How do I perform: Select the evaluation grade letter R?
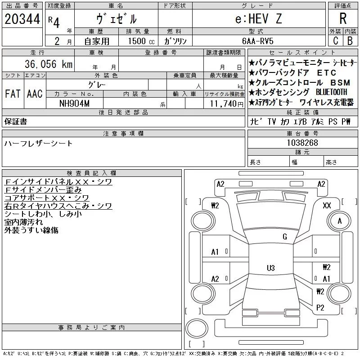pyautogui.click(x=343, y=19)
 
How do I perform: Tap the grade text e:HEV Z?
pyautogui.click(x=258, y=19)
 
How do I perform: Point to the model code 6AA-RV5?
pyautogui.click(x=258, y=41)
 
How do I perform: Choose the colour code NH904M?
pyautogui.click(x=75, y=103)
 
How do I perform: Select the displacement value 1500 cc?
pyautogui.click(x=141, y=41)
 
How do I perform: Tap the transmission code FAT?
pyautogui.click(x=13, y=94)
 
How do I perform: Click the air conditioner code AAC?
pyautogui.click(x=35, y=94)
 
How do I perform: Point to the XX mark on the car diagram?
pyautogui.click(x=327, y=205)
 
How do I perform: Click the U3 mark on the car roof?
pyautogui.click(x=270, y=268)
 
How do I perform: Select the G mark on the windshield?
pyautogui.click(x=284, y=237)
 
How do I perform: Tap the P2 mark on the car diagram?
pyautogui.click(x=320, y=307)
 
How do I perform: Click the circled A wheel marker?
pyautogui.click(x=339, y=221)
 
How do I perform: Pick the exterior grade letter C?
pyautogui.click(x=335, y=41)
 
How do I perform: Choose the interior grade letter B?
pyautogui.click(x=350, y=41)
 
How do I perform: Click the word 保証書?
pyautogui.click(x=15, y=121)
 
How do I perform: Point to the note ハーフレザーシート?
pyautogui.click(x=39, y=144)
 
